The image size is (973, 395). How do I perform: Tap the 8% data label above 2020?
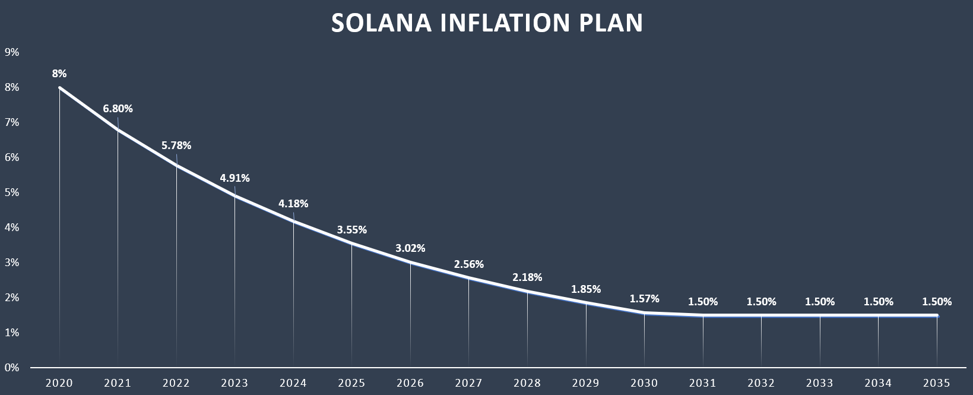pos(59,74)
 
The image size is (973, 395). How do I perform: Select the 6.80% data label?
pos(118,109)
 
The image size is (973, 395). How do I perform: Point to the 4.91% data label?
pos(234,178)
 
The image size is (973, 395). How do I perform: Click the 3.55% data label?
pos(351,229)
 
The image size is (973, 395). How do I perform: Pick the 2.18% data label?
pos(527,277)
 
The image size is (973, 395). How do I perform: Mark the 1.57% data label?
pos(644,299)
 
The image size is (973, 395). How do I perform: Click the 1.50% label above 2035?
pos(936,302)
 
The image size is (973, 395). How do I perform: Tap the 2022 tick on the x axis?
pos(176,383)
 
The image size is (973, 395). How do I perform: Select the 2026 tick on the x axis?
pos(410,383)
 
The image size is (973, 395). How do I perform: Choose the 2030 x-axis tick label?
pos(644,383)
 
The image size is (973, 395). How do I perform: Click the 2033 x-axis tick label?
pos(819,383)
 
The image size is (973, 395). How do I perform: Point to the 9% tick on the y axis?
pos(12,52)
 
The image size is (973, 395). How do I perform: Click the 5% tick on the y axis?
pos(12,192)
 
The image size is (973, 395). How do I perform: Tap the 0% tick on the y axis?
pos(12,368)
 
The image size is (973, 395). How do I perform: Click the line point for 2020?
pos(60,88)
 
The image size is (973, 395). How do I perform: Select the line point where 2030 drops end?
pos(644,312)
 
